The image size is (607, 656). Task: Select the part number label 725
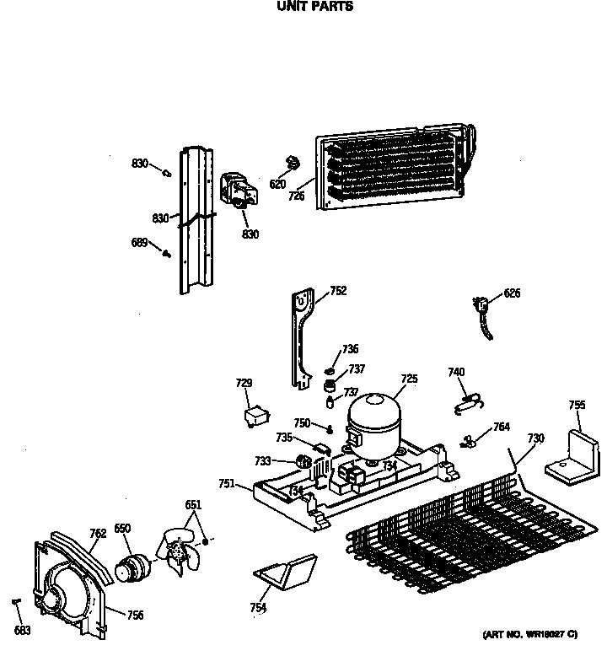[409, 379]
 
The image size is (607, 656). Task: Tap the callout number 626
[512, 293]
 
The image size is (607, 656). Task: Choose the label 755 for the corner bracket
[577, 406]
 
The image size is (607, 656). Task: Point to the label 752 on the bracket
[338, 291]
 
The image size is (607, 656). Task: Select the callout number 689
[140, 243]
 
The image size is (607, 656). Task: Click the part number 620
[278, 184]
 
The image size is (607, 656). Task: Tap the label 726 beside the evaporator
[296, 196]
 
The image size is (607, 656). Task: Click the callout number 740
[456, 372]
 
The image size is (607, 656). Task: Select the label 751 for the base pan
[226, 483]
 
